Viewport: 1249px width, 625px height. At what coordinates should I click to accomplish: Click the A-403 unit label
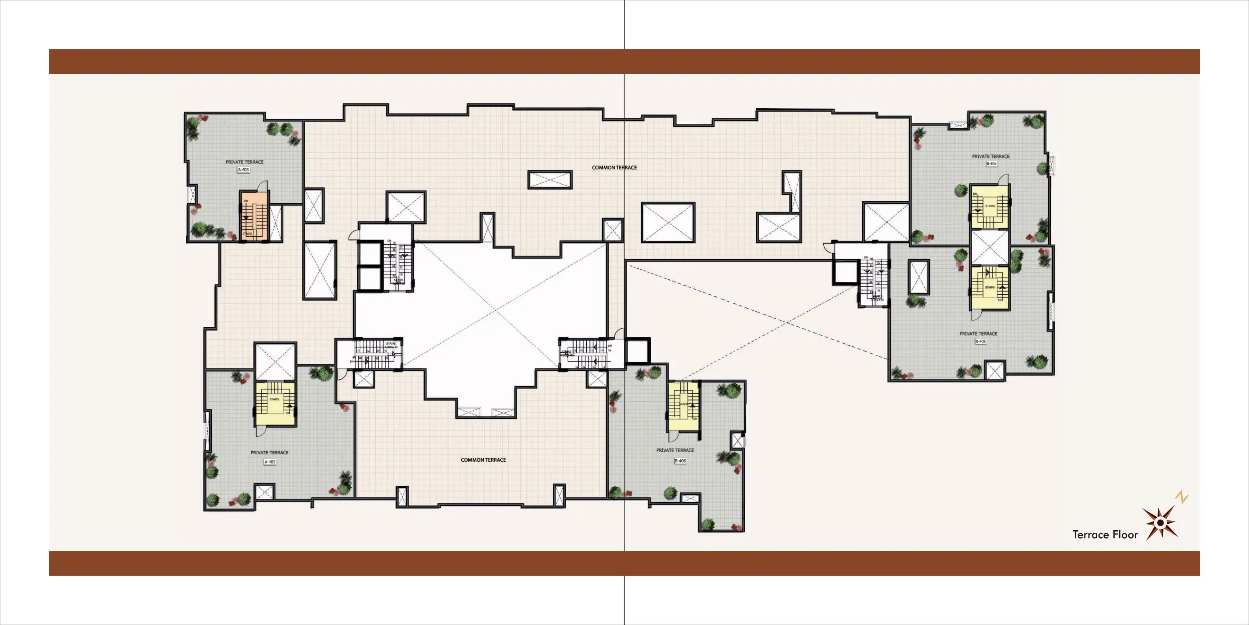click(243, 170)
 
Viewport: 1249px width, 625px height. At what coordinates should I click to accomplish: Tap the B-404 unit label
click(991, 164)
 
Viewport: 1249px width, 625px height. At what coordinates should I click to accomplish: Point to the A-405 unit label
click(270, 462)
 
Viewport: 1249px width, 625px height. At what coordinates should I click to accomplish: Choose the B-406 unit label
click(680, 461)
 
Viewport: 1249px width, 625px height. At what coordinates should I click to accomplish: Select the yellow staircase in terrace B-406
click(683, 406)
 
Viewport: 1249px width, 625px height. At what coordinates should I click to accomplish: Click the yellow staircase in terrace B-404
click(989, 207)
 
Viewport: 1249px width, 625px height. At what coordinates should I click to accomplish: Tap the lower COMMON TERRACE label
click(483, 460)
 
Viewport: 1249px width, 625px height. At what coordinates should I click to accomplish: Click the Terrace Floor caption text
click(1105, 535)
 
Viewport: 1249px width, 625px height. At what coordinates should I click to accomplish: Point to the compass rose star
click(1160, 523)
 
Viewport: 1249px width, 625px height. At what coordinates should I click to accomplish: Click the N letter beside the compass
click(1182, 498)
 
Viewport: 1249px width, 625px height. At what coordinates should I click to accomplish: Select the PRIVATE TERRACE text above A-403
click(244, 162)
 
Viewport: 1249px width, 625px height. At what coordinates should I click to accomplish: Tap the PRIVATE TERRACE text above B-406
click(675, 450)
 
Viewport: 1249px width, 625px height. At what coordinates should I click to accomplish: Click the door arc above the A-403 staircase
click(262, 186)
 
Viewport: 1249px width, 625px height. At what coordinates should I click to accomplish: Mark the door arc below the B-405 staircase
click(977, 315)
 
